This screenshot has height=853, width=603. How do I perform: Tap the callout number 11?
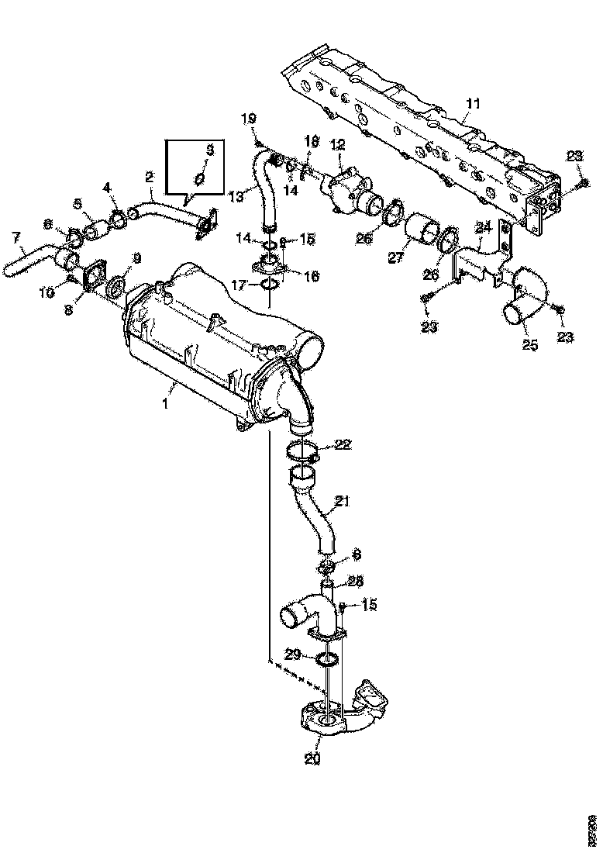coord(473,102)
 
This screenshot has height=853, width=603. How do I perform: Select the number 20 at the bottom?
coord(312,759)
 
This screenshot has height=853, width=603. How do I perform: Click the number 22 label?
coord(343,444)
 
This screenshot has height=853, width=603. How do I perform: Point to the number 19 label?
coord(248,119)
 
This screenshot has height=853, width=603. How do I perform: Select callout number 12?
coord(337,144)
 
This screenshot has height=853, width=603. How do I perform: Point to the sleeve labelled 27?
coord(423,230)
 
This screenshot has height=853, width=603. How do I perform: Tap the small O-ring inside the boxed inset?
coord(199,178)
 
